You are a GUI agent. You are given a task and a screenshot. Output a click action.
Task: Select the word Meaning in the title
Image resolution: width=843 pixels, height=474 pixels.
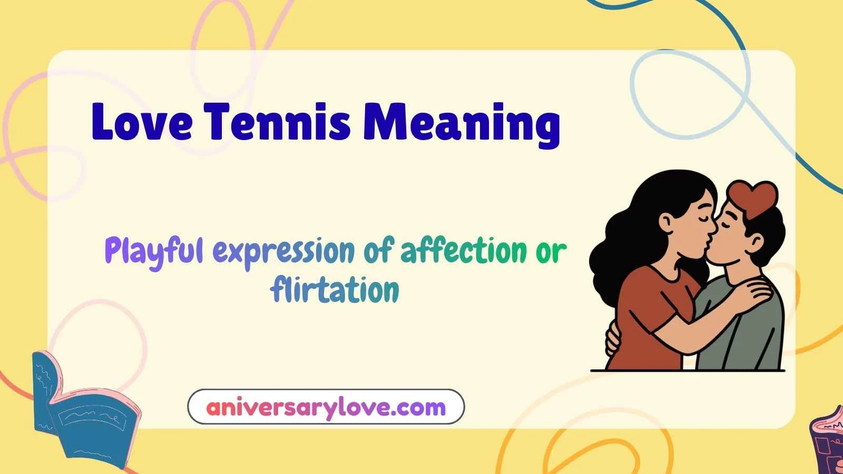point(462,123)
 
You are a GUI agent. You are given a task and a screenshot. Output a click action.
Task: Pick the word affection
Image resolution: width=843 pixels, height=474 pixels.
point(464,251)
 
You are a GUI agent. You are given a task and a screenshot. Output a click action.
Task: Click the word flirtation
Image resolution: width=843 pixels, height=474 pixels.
point(335,290)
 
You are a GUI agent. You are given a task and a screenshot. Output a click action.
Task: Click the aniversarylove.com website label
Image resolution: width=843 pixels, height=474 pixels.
point(326,407)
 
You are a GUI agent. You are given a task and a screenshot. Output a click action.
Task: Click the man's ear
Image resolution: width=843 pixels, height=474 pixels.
point(757,242)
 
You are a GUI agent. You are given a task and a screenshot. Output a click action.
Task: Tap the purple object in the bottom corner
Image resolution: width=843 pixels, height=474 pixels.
point(827,442)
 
